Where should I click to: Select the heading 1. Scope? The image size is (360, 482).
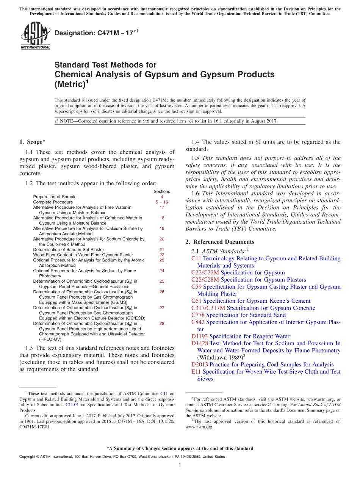click(x=32, y=142)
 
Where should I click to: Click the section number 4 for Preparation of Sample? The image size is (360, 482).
click(x=162, y=197)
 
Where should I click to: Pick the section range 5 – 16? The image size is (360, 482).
click(x=162, y=202)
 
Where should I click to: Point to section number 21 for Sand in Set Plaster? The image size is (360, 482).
click(x=162, y=250)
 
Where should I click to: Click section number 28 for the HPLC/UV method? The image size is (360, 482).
click(x=162, y=324)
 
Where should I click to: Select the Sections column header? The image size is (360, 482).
click(x=162, y=191)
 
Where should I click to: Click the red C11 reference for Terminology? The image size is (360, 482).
click(x=196, y=258)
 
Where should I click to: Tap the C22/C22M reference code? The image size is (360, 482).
click(x=205, y=272)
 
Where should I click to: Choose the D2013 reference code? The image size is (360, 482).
click(x=200, y=365)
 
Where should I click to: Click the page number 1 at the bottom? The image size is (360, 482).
click(x=180, y=465)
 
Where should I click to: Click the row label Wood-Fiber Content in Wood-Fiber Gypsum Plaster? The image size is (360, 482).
click(x=83, y=255)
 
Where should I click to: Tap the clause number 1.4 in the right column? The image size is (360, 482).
click(x=195, y=142)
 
